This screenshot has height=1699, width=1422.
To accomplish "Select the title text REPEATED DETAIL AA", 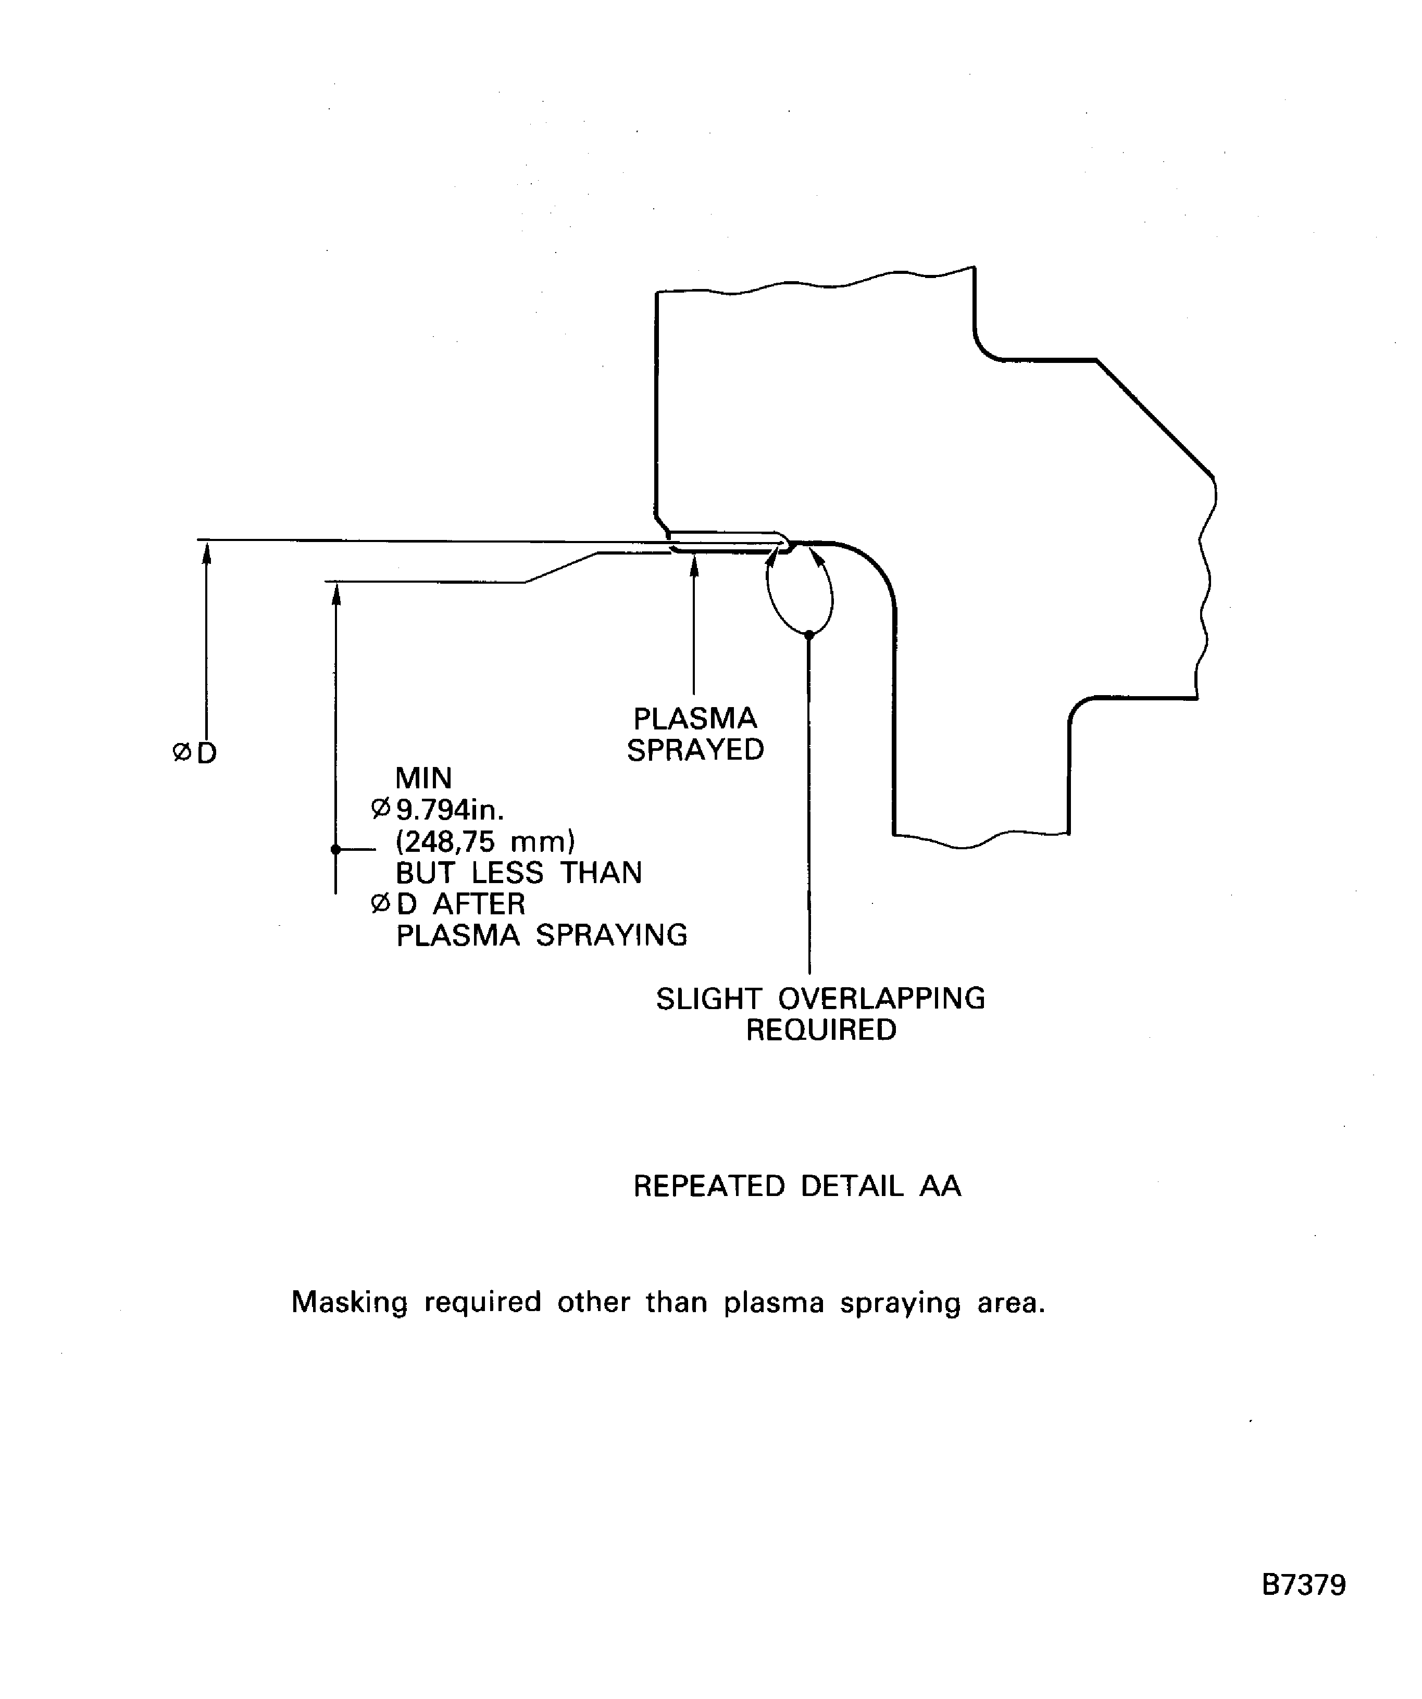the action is [796, 1186].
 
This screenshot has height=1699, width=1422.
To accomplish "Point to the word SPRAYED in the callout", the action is [695, 750].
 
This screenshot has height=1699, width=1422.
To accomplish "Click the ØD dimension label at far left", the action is [195, 753].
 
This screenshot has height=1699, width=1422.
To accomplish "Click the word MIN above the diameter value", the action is [423, 778].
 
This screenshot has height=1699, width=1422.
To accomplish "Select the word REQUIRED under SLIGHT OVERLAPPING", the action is [821, 1030].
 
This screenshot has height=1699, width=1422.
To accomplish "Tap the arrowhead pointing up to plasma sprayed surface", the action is [694, 565].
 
